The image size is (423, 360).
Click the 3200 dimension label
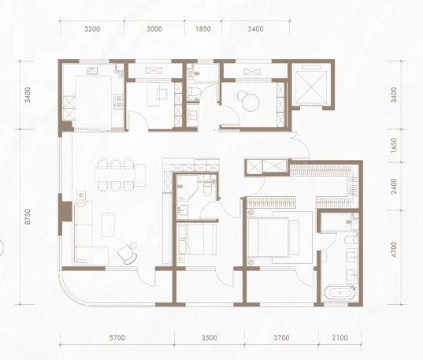(x=92, y=29)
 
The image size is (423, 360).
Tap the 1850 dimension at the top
(x=203, y=29)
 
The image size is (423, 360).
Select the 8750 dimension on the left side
(x=28, y=217)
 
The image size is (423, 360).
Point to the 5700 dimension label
(x=117, y=338)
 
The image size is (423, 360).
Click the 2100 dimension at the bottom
(x=340, y=338)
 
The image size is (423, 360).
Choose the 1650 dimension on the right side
(x=394, y=146)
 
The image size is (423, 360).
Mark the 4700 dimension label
(x=394, y=250)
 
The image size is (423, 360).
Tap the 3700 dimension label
(x=281, y=338)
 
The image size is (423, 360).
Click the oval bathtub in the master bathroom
(x=340, y=292)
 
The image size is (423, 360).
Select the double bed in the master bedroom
(x=273, y=237)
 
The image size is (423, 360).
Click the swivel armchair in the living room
(x=128, y=253)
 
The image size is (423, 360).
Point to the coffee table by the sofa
(x=108, y=225)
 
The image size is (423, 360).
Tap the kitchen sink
(x=92, y=71)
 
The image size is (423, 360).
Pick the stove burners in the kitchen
(x=118, y=101)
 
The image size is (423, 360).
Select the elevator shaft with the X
(x=311, y=85)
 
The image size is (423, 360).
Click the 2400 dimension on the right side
(x=394, y=186)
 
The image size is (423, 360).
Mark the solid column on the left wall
(x=65, y=212)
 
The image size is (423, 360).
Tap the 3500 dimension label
(x=210, y=338)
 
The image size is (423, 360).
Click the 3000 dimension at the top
(x=154, y=29)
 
